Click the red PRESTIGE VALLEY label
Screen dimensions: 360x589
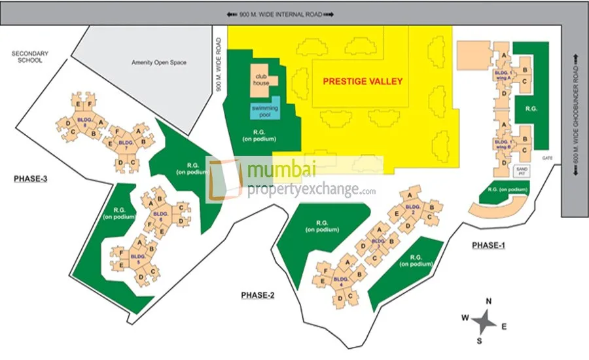[363, 82]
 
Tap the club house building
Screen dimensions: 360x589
[262, 80]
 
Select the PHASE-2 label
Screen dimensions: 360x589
[257, 295]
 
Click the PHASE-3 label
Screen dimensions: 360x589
[30, 177]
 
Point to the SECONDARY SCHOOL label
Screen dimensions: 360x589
[27, 56]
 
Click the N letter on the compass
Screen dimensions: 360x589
[488, 301]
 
